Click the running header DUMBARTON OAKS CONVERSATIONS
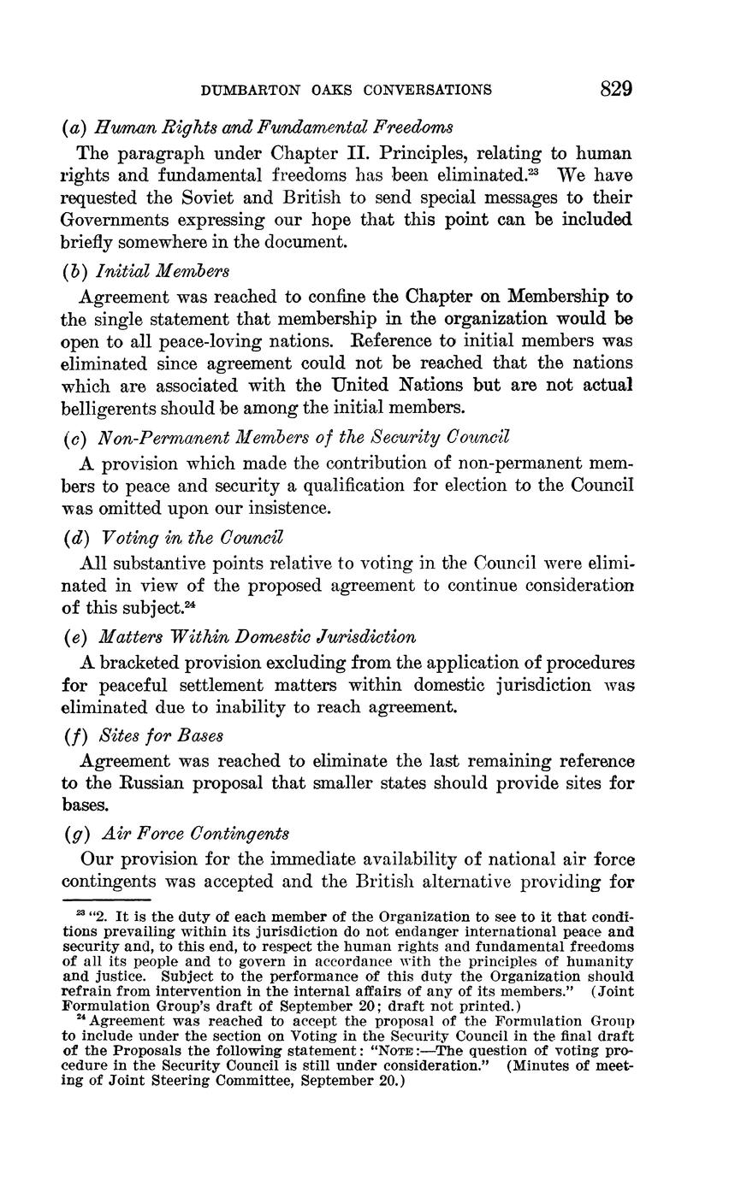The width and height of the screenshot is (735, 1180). click(346, 90)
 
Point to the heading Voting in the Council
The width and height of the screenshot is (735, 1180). click(192, 538)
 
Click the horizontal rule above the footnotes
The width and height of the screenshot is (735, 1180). click(105, 900)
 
